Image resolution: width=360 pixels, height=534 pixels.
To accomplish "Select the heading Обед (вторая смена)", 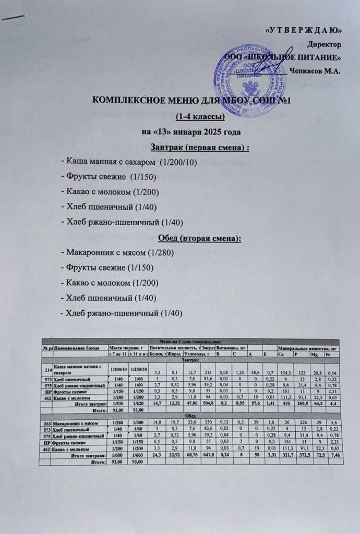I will (199, 238).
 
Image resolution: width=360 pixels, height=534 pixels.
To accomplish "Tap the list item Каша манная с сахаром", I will (128, 162).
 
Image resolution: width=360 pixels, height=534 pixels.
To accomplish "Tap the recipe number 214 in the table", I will (47, 369).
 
